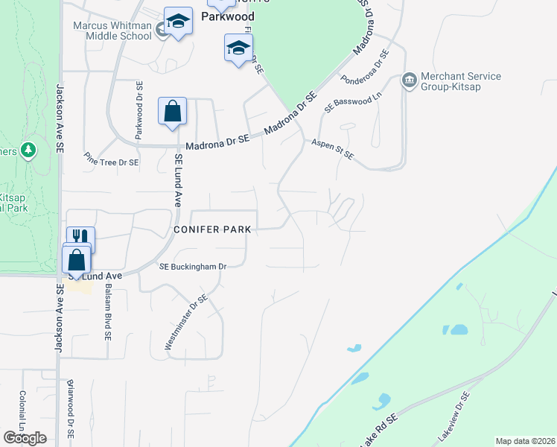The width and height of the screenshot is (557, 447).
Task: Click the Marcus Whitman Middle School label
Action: click(112, 31)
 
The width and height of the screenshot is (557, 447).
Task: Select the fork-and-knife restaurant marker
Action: click(81, 240)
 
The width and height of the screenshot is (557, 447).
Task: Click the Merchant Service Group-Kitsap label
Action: click(461, 81)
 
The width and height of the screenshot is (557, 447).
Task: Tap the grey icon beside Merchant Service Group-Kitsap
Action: click(409, 80)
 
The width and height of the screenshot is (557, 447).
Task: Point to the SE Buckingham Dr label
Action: click(192, 266)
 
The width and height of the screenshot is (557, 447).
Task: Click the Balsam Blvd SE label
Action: click(108, 311)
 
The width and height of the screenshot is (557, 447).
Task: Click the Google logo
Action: click(25, 438)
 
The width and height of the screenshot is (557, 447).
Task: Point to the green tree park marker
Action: click(29, 150)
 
